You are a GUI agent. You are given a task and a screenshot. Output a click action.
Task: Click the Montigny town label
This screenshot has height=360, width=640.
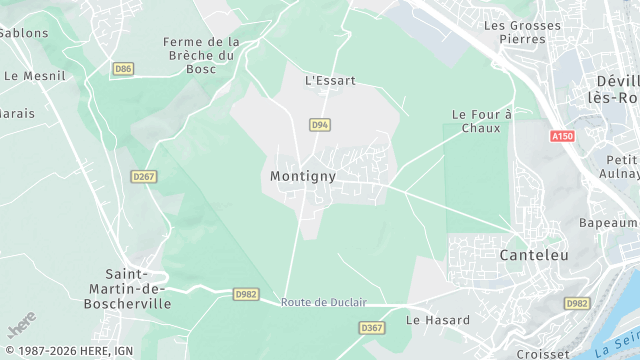click(302, 175)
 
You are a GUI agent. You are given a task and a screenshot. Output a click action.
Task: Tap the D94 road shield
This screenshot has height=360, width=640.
click(320, 125)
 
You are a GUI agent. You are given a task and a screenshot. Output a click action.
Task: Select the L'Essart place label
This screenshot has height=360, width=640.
click(330, 80)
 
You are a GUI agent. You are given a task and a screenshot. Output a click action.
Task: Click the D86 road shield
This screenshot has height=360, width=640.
click(123, 69)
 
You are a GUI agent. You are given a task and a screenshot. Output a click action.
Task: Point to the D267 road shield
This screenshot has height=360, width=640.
click(143, 176)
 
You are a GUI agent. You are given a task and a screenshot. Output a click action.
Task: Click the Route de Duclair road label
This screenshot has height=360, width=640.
click(324, 302)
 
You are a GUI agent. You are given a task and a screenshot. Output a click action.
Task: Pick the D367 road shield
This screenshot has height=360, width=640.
click(371, 328)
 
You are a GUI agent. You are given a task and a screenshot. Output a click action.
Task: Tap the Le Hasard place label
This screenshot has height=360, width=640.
click(437, 320)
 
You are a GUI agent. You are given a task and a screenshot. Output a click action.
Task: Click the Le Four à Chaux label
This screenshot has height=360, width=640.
click(481, 121)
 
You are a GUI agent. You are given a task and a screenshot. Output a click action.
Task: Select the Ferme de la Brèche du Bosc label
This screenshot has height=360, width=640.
click(202, 55)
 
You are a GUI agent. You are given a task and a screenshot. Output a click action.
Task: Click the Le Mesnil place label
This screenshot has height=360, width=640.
click(34, 75)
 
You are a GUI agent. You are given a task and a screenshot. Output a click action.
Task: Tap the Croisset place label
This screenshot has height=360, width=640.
click(543, 353)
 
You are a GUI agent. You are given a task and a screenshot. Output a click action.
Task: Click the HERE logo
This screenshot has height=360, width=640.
click(21, 325)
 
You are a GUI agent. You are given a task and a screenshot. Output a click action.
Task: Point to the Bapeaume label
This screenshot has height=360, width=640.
click(608, 223)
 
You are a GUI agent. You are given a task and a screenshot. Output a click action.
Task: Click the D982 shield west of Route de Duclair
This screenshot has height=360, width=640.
click(246, 294)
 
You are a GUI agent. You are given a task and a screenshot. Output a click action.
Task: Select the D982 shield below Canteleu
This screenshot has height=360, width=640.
click(577, 303)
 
